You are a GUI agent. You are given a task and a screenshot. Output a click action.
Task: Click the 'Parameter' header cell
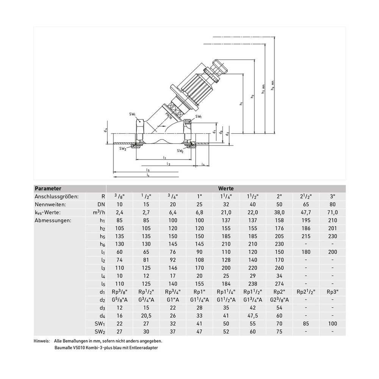pyautogui.click(x=48, y=188)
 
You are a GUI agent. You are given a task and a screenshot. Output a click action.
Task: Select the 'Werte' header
pyautogui.click(x=226, y=188)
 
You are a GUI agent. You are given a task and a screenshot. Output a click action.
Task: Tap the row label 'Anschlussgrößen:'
pyautogui.click(x=57, y=197)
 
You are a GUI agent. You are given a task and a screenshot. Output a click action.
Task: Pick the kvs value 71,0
pyautogui.click(x=332, y=213)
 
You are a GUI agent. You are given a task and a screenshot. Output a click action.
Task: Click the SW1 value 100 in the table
pyautogui.click(x=332, y=324)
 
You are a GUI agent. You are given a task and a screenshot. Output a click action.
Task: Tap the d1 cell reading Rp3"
pyautogui.click(x=332, y=292)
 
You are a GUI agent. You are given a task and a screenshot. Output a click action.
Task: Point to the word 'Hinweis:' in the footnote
pyautogui.click(x=41, y=341)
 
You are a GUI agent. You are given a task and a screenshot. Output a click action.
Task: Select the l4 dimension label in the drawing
pyautogui.click(x=203, y=164)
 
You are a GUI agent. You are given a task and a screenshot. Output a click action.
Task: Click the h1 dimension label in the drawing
pyautogui.click(x=241, y=103)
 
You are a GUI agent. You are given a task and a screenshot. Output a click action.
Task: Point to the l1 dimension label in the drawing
pyautogui.click(x=164, y=157)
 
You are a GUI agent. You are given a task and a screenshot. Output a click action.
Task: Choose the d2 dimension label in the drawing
pyautogui.click(x=227, y=134)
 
